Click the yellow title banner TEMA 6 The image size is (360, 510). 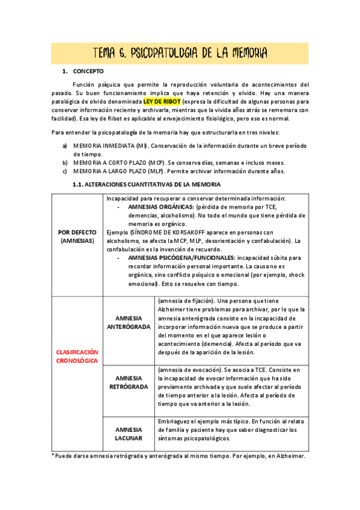180,53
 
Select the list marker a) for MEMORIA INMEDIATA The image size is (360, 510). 65,146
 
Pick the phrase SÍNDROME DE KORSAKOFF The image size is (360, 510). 158,232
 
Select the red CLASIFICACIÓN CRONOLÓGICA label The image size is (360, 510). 78,356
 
